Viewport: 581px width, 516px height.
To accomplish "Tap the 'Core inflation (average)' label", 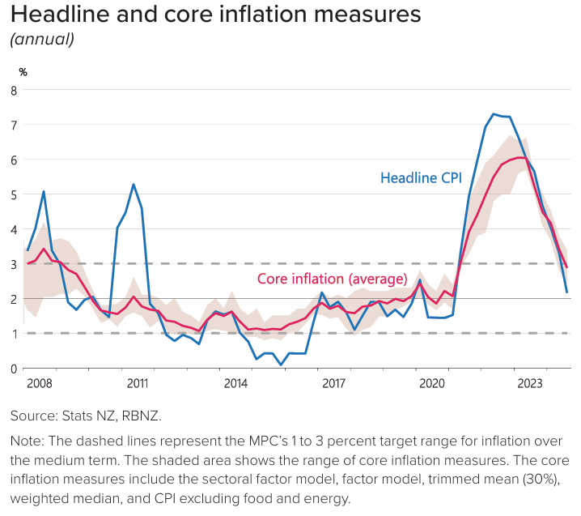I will [x=332, y=279].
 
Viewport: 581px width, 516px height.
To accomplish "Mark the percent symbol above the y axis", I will [x=23, y=72].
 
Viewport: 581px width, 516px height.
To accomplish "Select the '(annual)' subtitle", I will [x=41, y=39].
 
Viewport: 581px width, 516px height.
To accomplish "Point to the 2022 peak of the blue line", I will [x=494, y=114].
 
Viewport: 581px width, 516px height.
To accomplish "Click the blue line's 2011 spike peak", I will [x=134, y=185].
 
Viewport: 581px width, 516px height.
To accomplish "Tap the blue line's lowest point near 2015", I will [x=281, y=365].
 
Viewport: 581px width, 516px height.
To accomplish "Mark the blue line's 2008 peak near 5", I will [x=43, y=192].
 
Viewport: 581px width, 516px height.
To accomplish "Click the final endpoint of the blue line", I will [x=566, y=292].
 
